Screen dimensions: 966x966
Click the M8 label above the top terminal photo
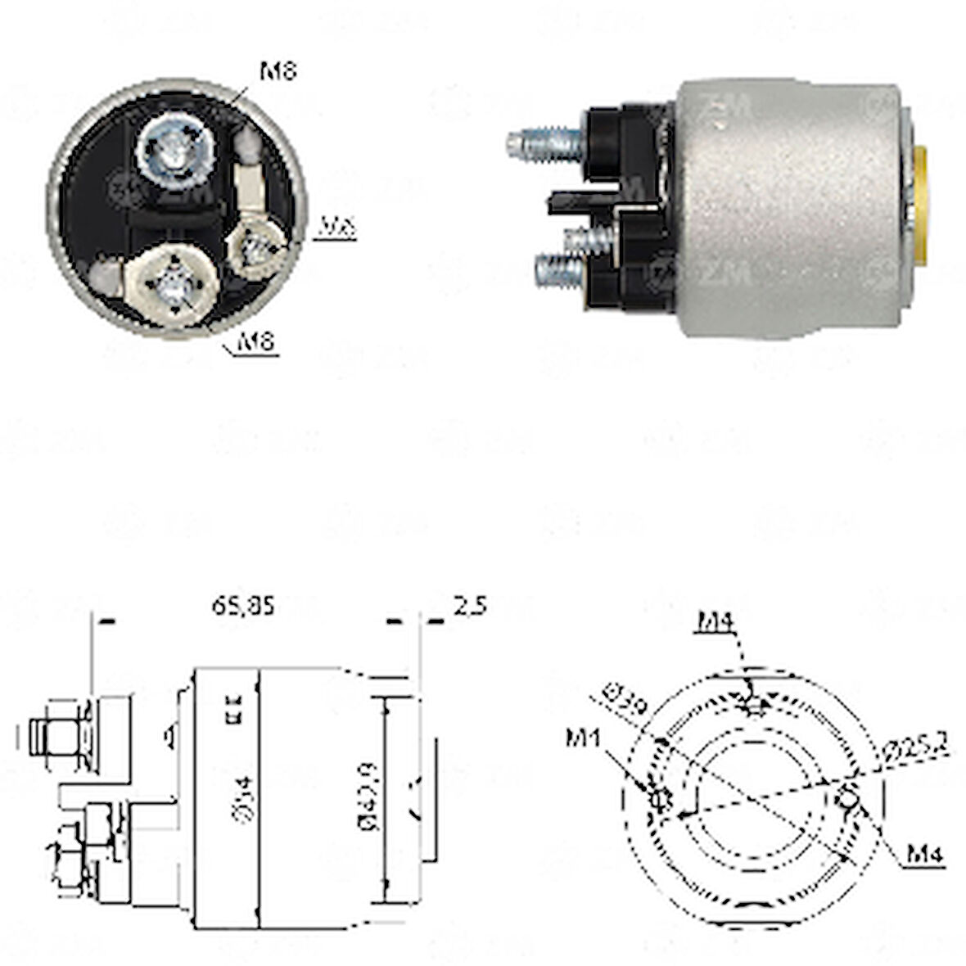278,71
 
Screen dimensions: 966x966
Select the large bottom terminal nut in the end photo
174,282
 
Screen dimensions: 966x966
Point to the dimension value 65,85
243,606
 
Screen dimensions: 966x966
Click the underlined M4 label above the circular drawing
717,625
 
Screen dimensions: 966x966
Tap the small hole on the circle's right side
850,794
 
